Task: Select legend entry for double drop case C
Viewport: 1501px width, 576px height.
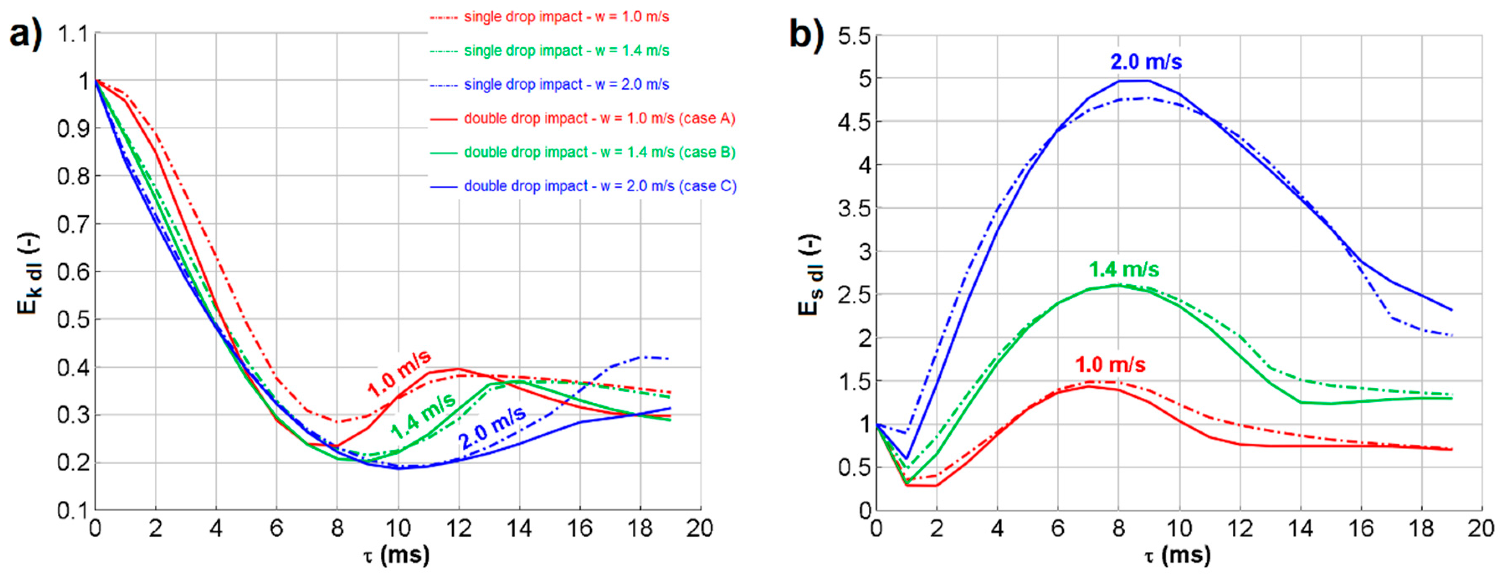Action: point(600,187)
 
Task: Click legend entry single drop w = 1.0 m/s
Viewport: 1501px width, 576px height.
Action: point(566,17)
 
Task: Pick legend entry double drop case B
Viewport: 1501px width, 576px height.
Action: point(600,153)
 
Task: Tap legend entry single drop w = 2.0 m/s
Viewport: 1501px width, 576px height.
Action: point(566,85)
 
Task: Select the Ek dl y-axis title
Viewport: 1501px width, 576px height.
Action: point(28,274)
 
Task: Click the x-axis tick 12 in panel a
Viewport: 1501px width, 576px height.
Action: point(459,529)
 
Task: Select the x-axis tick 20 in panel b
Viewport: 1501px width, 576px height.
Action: point(1480,529)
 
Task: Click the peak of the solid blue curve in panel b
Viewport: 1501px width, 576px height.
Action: point(1133,80)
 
